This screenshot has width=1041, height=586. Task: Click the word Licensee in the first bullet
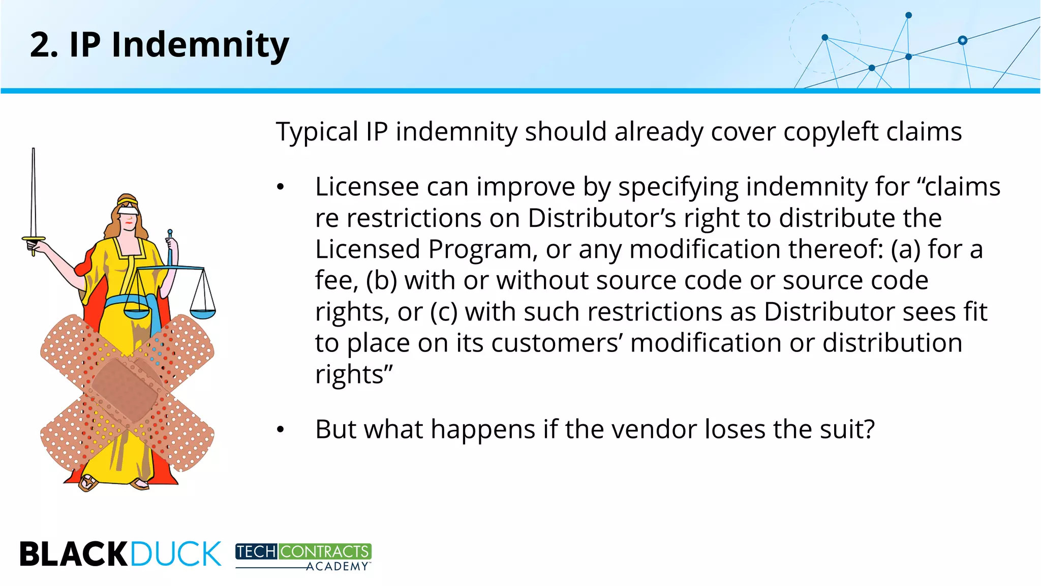[x=366, y=187]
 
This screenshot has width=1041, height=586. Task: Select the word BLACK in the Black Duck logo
[x=73, y=554]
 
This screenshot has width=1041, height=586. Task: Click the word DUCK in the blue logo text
[x=176, y=554]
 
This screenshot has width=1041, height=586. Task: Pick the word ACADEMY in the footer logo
[x=337, y=567]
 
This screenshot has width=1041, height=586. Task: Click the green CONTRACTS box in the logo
[x=325, y=551]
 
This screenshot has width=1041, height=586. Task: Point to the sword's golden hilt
[x=34, y=239]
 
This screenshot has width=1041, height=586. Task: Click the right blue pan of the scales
[x=203, y=314]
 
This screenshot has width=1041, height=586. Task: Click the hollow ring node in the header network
[x=962, y=40]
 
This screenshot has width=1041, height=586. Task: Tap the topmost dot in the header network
[x=909, y=15]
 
